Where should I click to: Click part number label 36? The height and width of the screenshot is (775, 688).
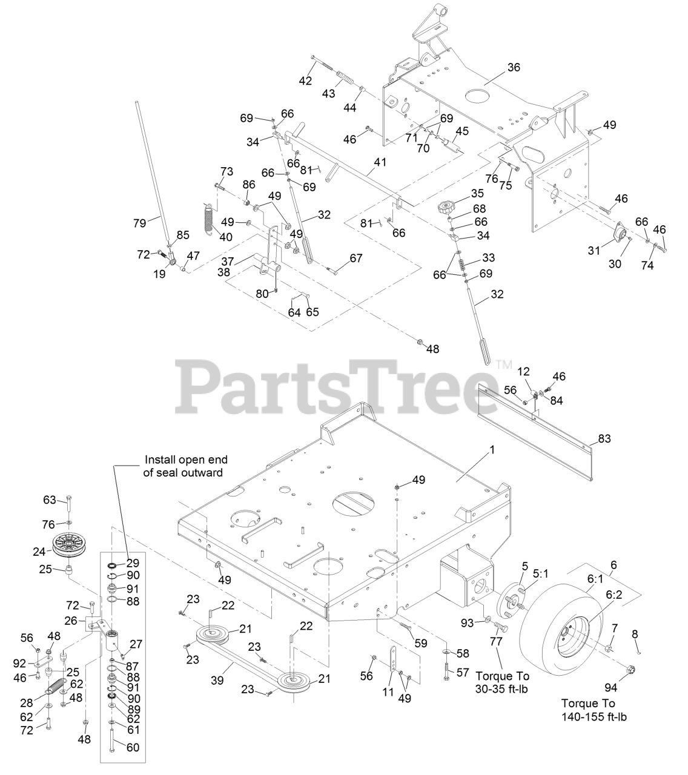click(513, 67)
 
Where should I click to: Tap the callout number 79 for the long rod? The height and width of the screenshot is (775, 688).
click(140, 223)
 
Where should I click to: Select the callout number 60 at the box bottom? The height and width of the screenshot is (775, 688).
click(133, 747)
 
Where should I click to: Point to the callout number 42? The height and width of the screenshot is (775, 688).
click(305, 81)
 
